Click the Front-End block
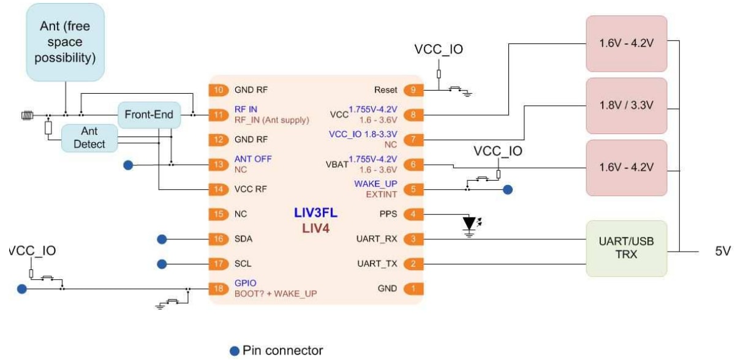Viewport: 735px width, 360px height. coord(149,114)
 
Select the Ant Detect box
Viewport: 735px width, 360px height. coord(89,138)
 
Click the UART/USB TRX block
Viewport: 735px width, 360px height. coord(626,248)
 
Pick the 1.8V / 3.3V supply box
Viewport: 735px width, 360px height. coord(626,105)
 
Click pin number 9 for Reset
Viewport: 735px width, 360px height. coord(413,90)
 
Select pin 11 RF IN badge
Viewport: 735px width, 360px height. coord(219,114)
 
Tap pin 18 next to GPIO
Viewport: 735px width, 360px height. coord(219,288)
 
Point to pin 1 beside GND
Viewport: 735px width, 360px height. coord(413,288)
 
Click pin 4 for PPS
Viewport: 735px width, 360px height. coord(413,214)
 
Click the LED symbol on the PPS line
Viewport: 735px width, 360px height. coord(470,223)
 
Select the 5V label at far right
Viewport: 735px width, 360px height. coord(723,252)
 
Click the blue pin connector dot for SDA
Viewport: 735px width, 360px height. coord(162,239)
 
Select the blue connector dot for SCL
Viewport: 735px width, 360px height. coord(162,264)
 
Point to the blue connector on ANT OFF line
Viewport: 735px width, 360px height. coord(128,164)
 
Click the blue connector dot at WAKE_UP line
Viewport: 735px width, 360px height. coord(507,190)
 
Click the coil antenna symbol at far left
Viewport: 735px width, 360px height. coord(27,114)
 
